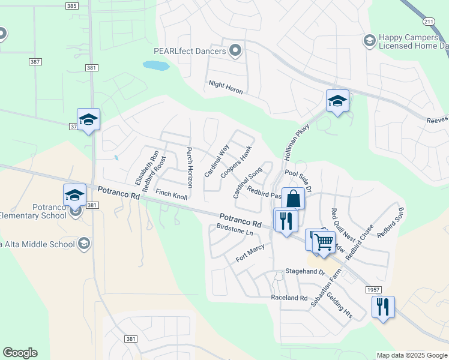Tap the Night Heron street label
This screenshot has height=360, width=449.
click(x=226, y=88)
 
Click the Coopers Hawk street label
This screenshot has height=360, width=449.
click(x=235, y=161)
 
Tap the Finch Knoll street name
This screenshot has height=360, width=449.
click(x=172, y=194)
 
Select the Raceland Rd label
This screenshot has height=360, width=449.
click(x=289, y=298)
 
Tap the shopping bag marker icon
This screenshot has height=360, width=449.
click(x=293, y=198)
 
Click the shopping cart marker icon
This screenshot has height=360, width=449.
click(x=324, y=242)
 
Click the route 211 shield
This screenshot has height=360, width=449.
click(x=427, y=22)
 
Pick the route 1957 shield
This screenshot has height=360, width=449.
click(x=372, y=290)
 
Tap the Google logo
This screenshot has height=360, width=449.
click(x=20, y=353)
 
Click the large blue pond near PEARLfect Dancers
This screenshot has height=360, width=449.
click(x=156, y=65)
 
